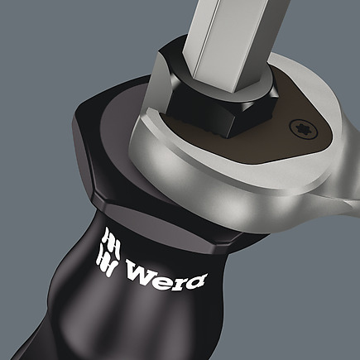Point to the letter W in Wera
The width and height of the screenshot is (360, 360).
coord(140,270)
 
